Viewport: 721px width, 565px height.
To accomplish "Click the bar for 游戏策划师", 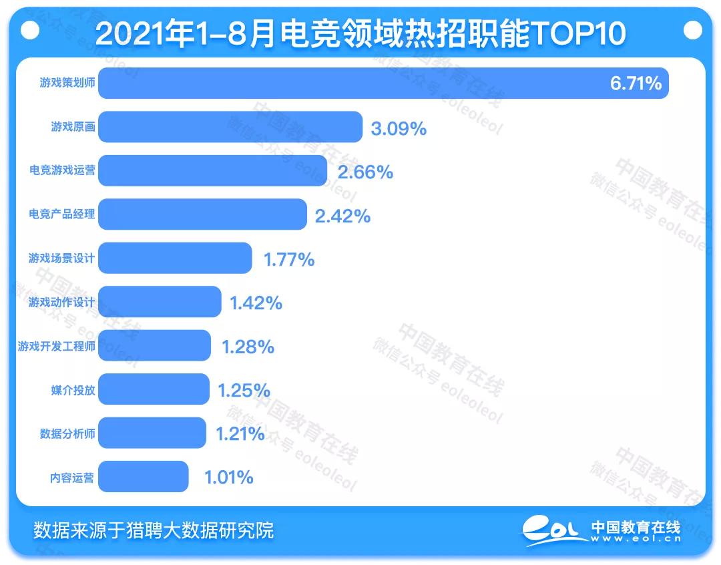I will (x=383, y=83).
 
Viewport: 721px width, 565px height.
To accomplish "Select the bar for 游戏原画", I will (x=230, y=127).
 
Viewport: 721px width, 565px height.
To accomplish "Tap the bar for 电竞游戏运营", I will (x=212, y=171).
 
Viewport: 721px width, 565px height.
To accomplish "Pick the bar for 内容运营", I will (x=143, y=477).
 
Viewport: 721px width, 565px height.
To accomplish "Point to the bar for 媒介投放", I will (x=154, y=389).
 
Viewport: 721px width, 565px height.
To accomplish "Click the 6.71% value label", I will (x=635, y=83).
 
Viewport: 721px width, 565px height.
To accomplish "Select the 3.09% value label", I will (x=399, y=128).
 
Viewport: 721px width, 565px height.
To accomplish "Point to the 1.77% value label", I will (x=289, y=259).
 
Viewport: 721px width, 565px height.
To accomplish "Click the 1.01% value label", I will (x=228, y=478).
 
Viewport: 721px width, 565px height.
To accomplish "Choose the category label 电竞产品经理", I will (x=61, y=214).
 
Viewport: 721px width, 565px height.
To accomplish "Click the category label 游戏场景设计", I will (x=61, y=258).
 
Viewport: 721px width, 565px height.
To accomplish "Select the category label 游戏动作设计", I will (x=61, y=302).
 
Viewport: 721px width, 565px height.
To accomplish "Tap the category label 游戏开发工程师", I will (x=56, y=346).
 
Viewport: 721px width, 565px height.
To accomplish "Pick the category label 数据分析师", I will (x=67, y=433).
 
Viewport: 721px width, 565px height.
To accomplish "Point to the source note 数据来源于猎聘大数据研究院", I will (x=154, y=530).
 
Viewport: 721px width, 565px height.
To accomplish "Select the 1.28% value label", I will (x=248, y=347).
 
